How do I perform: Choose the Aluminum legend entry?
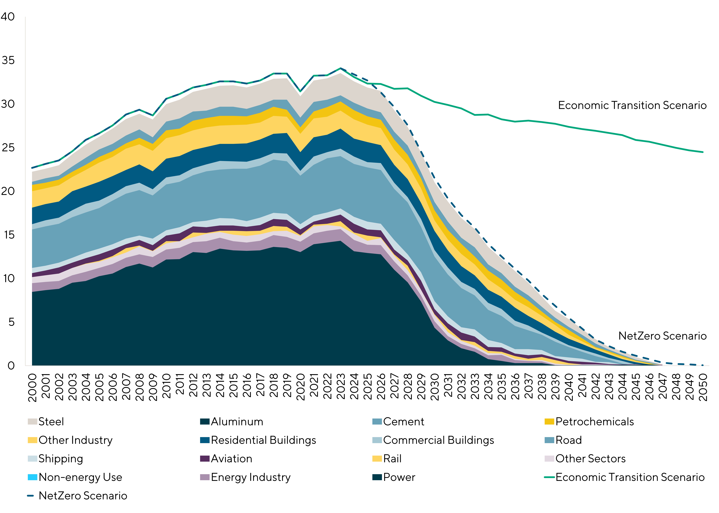pos(237,422)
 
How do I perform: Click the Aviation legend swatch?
pos(205,459)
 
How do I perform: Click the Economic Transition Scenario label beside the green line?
pos(632,105)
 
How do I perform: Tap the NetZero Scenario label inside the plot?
pos(662,336)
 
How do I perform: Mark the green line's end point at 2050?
pos(703,152)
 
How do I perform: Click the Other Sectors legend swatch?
pos(550,459)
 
